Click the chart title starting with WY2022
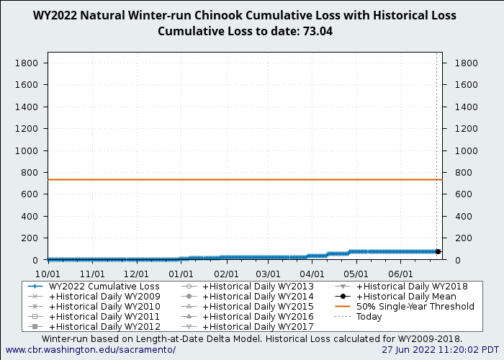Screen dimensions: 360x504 point(244,16)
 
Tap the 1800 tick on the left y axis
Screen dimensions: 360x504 point(26,63)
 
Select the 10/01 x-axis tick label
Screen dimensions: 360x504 point(48,274)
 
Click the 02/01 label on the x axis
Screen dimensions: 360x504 point(226,274)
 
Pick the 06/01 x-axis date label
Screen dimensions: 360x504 point(400,274)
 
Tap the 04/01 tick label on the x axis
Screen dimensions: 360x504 point(312,274)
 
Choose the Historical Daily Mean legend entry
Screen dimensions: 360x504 point(406,297)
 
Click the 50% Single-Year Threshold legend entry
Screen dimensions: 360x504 point(415,307)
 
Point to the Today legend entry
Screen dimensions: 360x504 point(369,317)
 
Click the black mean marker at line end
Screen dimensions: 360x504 point(438,252)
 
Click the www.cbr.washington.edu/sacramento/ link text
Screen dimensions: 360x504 point(90,350)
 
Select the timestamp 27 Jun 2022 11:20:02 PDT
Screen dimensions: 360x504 point(440,350)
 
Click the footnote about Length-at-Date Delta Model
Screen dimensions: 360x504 point(251,338)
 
